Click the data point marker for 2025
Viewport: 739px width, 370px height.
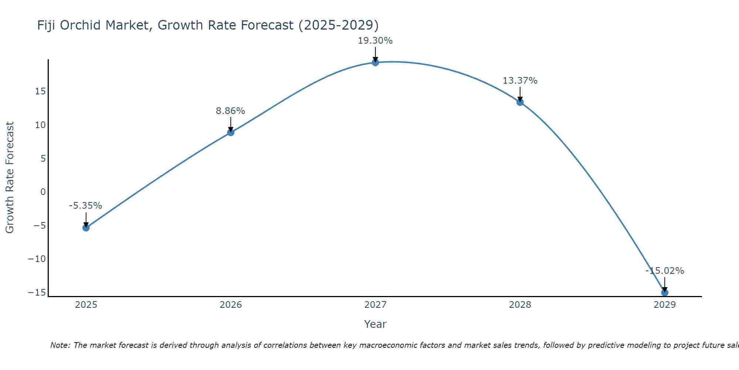point(86,228)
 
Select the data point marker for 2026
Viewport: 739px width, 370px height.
point(231,132)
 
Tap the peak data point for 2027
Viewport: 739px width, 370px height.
point(375,62)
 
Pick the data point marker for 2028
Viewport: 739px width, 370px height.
point(520,102)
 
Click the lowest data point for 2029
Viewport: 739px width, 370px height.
point(665,293)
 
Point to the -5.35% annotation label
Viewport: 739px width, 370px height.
point(85,206)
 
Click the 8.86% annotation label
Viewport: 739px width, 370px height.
point(231,111)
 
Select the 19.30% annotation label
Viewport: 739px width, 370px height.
point(375,41)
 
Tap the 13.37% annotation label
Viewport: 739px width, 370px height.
point(520,81)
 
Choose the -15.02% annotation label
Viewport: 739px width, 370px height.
point(665,271)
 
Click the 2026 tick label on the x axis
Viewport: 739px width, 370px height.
point(231,305)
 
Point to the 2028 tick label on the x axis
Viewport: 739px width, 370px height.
point(520,305)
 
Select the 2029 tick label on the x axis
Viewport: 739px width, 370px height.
point(665,305)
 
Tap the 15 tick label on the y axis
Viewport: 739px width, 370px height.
point(40,91)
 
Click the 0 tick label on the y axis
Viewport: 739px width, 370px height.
point(43,192)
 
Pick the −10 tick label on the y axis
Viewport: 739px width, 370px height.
point(37,259)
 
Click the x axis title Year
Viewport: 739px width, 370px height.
point(375,324)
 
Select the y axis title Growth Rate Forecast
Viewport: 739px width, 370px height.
point(10,178)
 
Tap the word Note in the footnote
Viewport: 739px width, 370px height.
point(60,345)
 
